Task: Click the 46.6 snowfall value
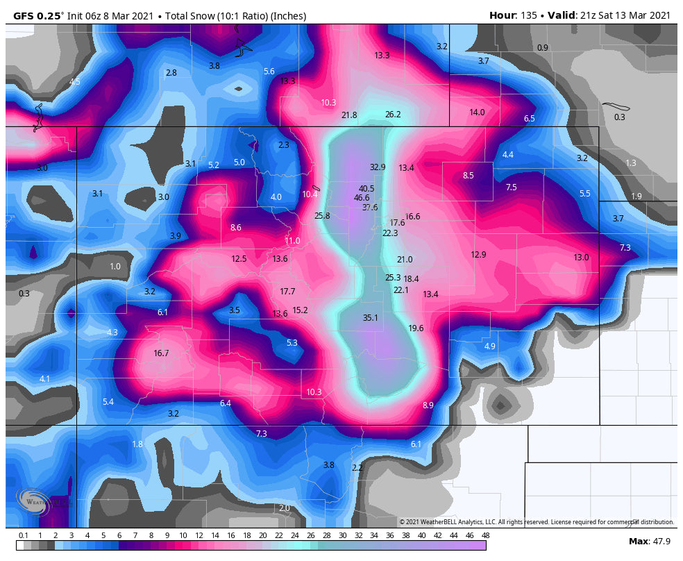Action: [x=362, y=198]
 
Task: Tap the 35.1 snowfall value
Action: [x=370, y=318]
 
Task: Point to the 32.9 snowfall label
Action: [x=377, y=167]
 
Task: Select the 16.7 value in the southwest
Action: [x=161, y=353]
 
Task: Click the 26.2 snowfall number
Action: [x=393, y=115]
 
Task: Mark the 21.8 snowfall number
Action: [x=349, y=115]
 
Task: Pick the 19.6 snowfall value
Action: [x=416, y=328]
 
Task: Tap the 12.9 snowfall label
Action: [x=478, y=255]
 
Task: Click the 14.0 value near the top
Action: [x=477, y=112]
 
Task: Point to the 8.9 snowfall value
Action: [x=428, y=405]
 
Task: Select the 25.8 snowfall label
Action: [x=322, y=216]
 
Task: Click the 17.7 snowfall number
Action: [x=287, y=292]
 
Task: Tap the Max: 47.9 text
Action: [x=649, y=541]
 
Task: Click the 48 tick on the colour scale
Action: [x=485, y=535]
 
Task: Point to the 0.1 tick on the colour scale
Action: [x=23, y=535]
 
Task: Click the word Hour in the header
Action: [x=502, y=15]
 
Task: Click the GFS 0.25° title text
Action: [x=39, y=15]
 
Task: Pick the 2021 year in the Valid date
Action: [x=659, y=15]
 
